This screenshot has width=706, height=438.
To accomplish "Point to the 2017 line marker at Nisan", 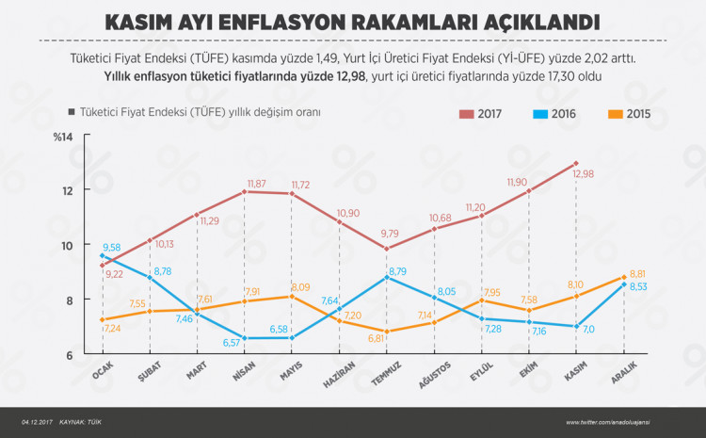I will (245, 191).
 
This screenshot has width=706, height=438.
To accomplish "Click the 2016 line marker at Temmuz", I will (386, 277).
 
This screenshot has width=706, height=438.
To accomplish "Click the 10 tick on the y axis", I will (69, 246).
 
